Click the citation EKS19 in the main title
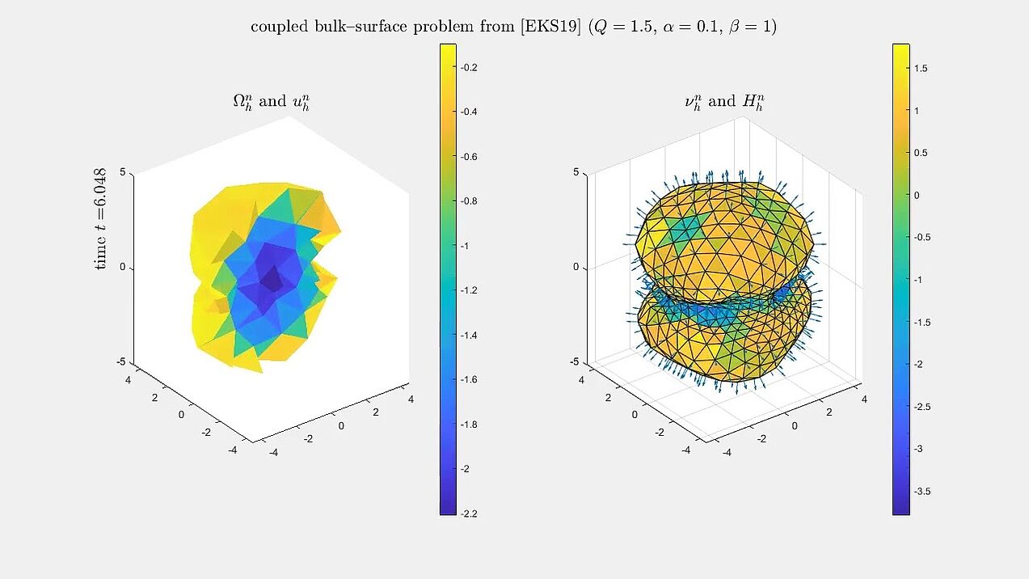(552, 27)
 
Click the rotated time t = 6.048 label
(100, 219)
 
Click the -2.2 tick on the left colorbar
(469, 513)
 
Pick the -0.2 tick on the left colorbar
(469, 68)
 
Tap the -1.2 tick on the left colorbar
(469, 290)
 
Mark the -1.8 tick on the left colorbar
(469, 424)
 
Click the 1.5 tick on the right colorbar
(921, 69)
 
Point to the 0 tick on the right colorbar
(917, 195)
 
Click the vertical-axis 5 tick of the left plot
(123, 172)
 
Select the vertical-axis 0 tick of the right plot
(576, 267)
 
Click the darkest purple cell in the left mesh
(272, 281)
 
